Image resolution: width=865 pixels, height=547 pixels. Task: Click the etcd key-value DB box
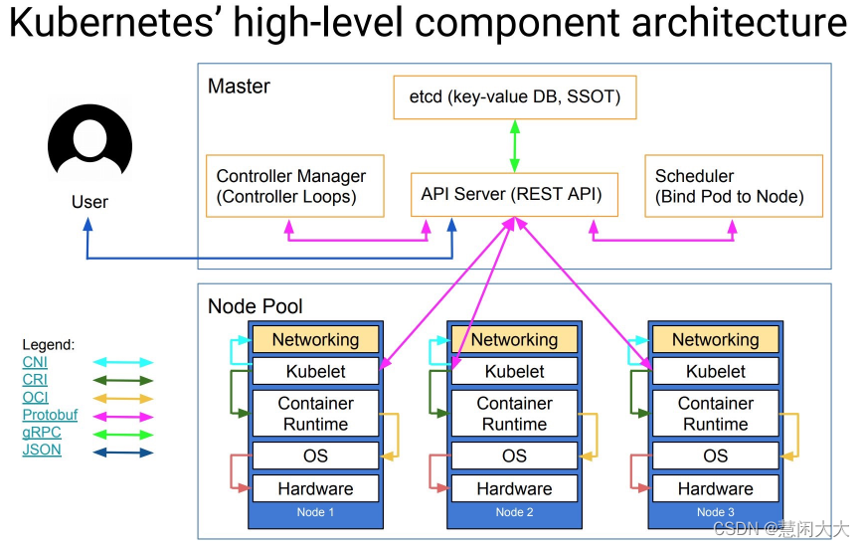point(514,97)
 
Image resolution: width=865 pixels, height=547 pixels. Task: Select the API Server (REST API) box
point(513,194)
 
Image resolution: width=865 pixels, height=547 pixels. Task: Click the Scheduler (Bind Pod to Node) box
point(733,186)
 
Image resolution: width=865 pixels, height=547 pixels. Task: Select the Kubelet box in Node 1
point(315,372)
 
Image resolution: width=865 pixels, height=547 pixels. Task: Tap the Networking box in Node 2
point(514,339)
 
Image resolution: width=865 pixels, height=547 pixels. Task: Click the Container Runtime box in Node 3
point(715,414)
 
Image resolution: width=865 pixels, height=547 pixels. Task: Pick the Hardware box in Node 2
point(514,488)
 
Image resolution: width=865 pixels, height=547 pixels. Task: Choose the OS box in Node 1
point(315,456)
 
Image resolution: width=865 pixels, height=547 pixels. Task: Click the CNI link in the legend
point(35,362)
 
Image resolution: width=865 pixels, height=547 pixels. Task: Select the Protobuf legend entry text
point(50,415)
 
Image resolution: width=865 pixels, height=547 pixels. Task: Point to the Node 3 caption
point(715,512)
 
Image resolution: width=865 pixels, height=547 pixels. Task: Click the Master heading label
point(239,87)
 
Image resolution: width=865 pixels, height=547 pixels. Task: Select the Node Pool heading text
point(256,306)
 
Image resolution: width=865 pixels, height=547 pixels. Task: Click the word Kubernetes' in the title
point(115,24)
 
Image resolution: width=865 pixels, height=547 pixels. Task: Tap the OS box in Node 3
point(715,456)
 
